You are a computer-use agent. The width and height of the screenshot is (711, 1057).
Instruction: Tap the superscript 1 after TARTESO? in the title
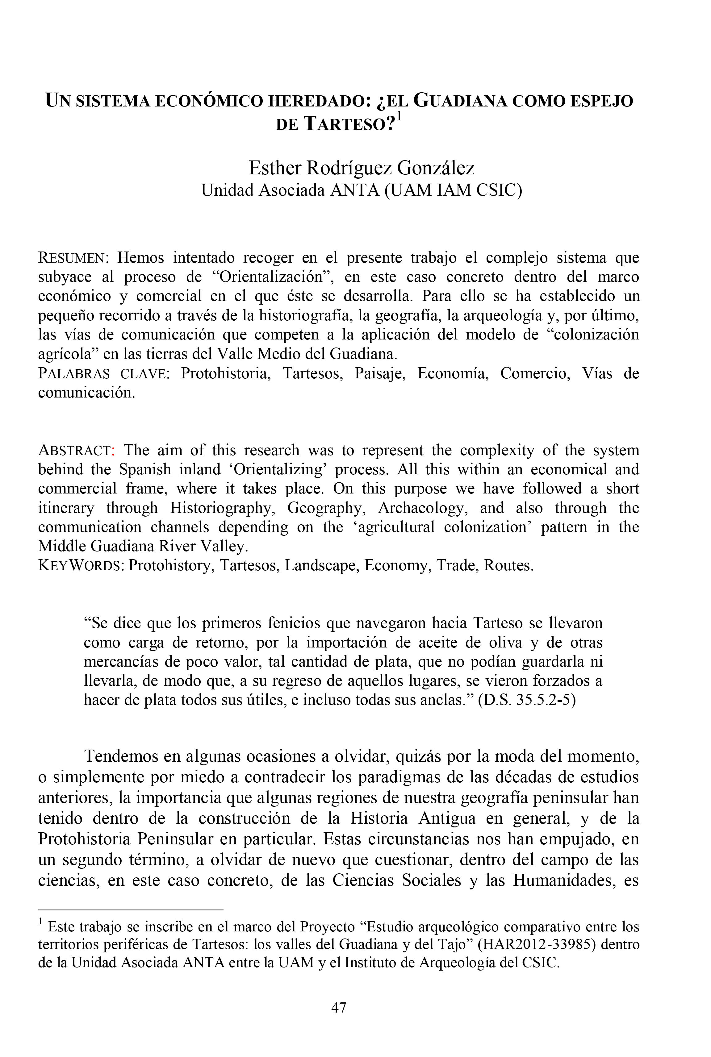[x=399, y=117]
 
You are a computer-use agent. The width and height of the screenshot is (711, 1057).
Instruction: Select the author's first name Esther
[x=275, y=168]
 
